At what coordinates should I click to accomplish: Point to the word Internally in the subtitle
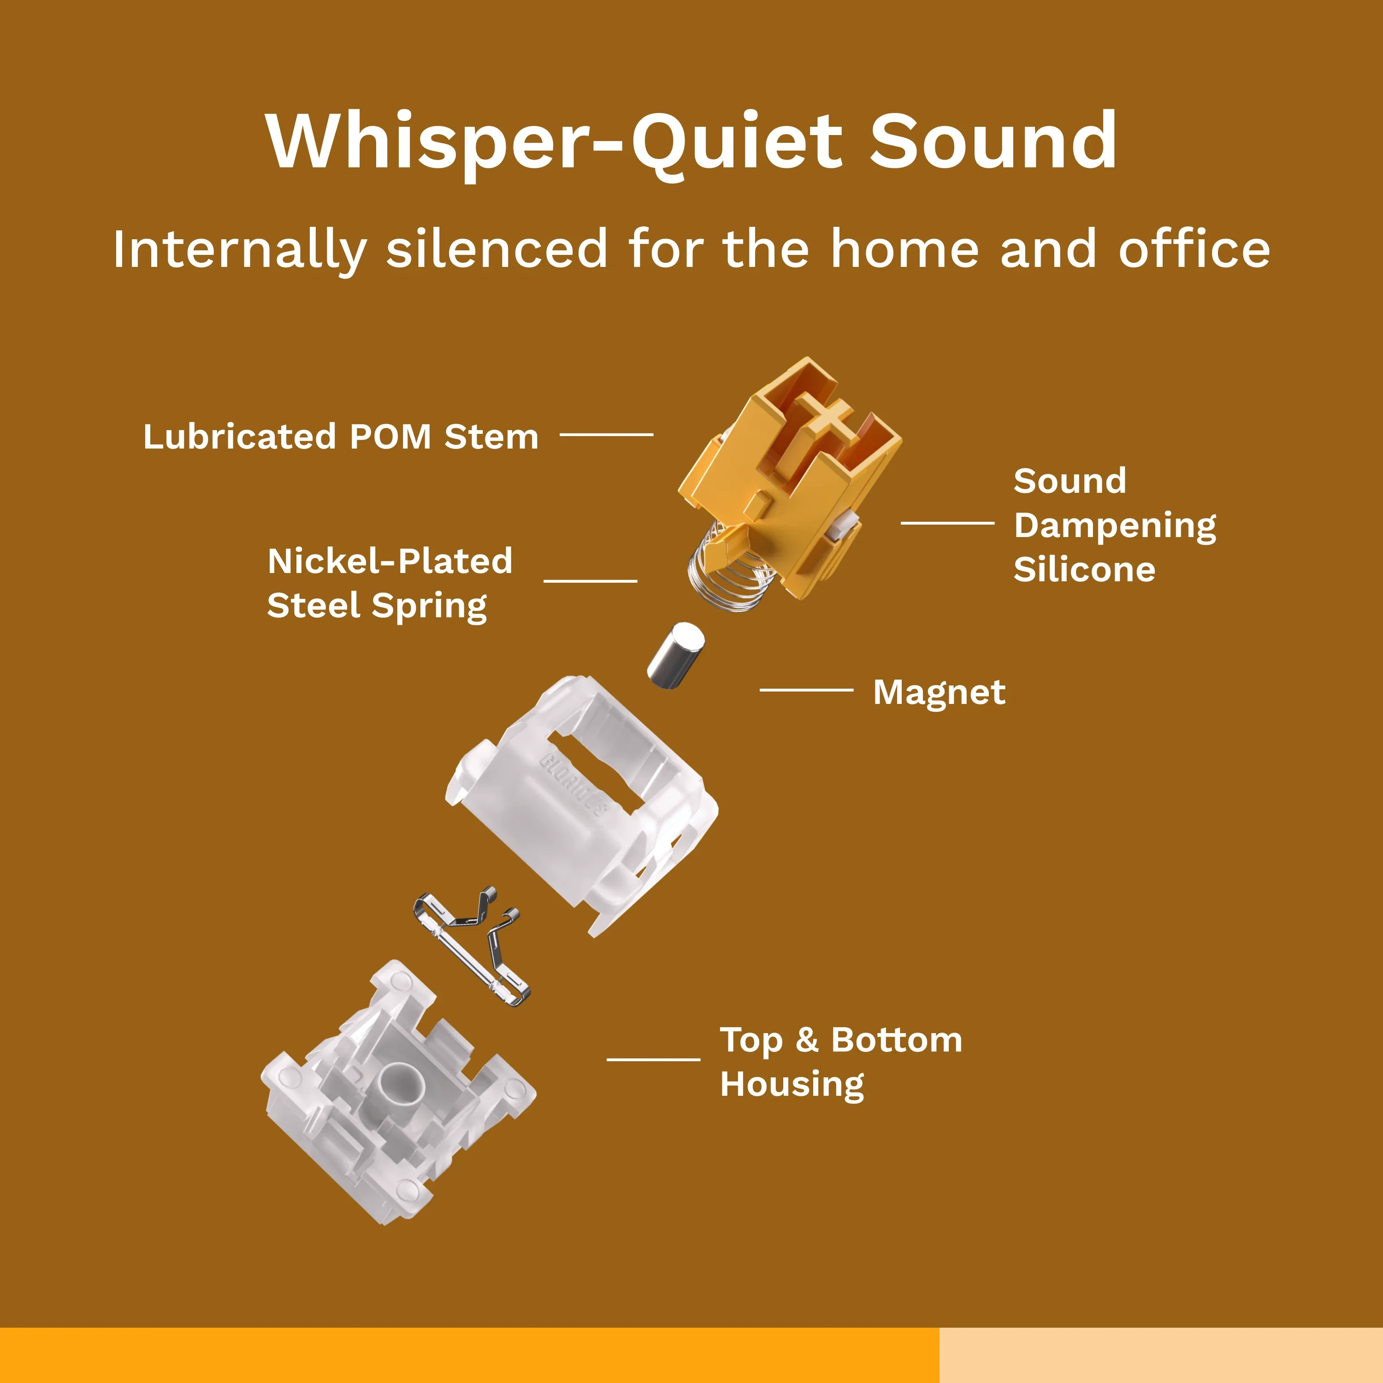tap(240, 250)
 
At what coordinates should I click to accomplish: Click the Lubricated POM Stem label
tap(341, 436)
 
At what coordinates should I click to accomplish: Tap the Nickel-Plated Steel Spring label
tap(390, 584)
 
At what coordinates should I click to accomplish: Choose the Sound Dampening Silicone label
tap(1115, 526)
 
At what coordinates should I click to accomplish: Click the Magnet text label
tap(939, 692)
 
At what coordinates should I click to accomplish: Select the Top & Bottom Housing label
tap(841, 1062)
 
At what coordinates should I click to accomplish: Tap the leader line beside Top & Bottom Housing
tap(654, 1059)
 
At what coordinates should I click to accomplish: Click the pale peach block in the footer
tap(1161, 1355)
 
